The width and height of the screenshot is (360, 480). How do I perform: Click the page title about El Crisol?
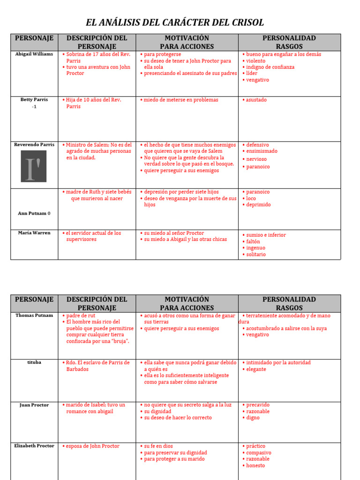coord(175,22)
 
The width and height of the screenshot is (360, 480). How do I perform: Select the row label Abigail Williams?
coord(34,54)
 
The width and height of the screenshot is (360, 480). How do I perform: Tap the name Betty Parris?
coord(34,100)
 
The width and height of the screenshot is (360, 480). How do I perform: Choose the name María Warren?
coord(34,233)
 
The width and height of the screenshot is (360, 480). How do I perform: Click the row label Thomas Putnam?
coord(34,315)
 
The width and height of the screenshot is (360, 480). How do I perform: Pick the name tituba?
coord(34,362)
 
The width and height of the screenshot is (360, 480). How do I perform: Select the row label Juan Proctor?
coord(34,405)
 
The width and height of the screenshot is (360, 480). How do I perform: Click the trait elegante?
coord(256,369)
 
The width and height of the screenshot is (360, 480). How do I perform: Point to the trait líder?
coord(252,74)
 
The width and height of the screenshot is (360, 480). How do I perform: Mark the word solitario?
coord(256,255)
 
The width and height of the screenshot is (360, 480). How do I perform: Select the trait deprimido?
coord(258,205)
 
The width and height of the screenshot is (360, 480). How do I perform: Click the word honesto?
coord(255,465)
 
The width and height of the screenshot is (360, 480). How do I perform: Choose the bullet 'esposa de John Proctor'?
coord(92,446)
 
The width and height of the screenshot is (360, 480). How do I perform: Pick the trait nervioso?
coord(256,159)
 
